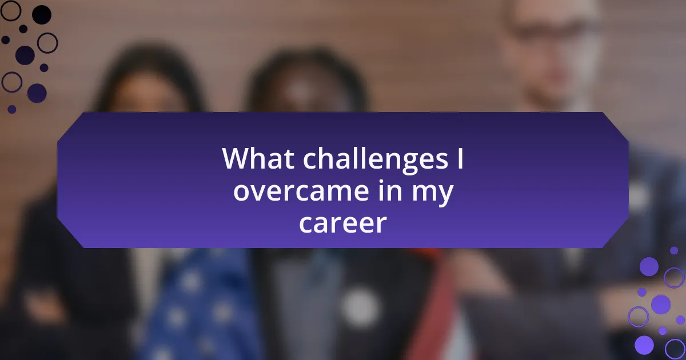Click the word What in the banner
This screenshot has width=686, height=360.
(258, 159)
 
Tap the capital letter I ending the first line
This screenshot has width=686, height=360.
(460, 158)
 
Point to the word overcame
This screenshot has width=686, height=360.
(301, 191)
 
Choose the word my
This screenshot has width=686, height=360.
(432, 194)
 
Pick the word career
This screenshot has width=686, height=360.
(342, 223)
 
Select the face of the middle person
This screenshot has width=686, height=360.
(309, 92)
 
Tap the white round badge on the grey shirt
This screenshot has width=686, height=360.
(360, 307)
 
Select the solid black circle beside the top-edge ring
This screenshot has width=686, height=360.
(42, 15)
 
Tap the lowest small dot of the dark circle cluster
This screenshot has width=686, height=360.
(11, 109)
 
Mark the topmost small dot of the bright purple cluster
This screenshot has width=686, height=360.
(674, 251)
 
